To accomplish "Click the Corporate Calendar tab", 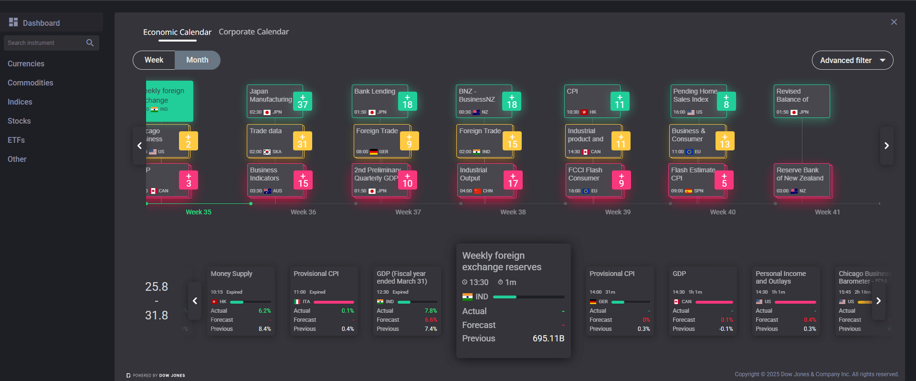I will (253, 32).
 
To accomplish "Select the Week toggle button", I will (154, 60).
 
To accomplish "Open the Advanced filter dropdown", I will (852, 60).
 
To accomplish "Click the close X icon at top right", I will (894, 22).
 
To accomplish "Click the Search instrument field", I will (45, 43).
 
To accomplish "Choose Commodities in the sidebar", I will (30, 83).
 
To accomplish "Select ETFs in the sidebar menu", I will (16, 140).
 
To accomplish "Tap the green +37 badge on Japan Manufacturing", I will (303, 101).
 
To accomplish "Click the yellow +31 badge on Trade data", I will (302, 141).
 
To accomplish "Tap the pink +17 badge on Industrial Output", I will (513, 180).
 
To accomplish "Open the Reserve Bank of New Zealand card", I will (801, 180).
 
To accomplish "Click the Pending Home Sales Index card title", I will (695, 95).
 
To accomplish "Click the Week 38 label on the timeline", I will (513, 212).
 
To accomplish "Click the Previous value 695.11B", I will (548, 339).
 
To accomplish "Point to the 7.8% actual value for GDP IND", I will (431, 311).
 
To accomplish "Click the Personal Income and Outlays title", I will (780, 277).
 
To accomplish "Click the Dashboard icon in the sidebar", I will (13, 22).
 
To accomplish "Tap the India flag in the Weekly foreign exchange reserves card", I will (467, 297).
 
